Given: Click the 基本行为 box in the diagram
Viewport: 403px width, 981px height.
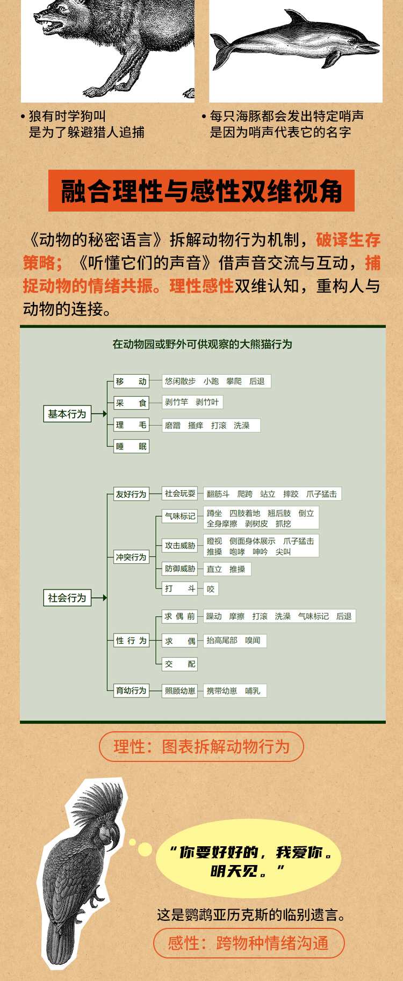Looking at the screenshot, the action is click(67, 414).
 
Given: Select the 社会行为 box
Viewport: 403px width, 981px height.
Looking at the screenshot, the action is click(67, 598).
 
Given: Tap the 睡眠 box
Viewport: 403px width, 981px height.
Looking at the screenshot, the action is click(131, 446).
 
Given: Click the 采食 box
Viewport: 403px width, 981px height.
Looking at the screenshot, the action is click(131, 403).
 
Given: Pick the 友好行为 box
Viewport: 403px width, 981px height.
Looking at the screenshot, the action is click(131, 494).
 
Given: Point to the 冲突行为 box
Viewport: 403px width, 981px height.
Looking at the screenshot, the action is click(131, 557).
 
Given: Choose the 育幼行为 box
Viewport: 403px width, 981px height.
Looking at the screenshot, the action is click(131, 691).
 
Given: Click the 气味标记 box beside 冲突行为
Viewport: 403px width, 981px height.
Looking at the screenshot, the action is click(180, 516).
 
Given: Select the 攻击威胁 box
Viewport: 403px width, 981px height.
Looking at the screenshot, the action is click(180, 546).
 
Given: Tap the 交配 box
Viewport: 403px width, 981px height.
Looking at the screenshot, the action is click(180, 664).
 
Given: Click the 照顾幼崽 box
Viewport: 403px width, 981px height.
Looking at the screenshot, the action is click(180, 691).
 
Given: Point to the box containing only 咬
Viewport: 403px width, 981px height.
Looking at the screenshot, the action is click(211, 589).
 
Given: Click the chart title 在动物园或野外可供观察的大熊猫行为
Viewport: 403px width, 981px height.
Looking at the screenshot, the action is click(202, 344).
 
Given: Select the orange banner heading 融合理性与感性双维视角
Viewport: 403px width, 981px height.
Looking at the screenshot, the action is click(201, 191).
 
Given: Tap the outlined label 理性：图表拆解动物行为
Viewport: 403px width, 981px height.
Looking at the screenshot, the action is click(201, 746).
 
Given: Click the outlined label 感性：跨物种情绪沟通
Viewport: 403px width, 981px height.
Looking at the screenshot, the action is click(248, 943).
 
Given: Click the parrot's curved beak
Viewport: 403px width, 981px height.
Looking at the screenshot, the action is click(113, 835).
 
